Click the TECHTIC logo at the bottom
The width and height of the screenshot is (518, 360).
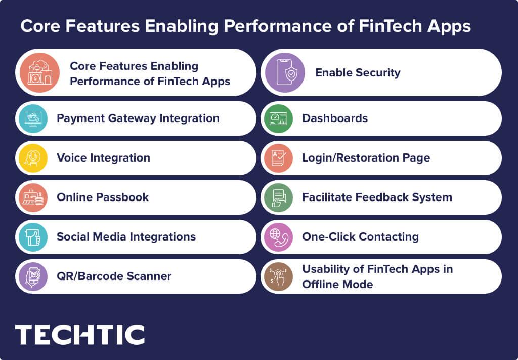point(80,335)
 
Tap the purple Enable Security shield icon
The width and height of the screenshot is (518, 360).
point(285,72)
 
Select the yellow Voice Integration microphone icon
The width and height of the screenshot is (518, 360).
point(33,158)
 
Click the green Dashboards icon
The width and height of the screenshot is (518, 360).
point(278,118)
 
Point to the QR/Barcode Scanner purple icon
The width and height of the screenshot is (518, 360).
point(33,276)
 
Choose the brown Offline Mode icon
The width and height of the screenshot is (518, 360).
point(278,276)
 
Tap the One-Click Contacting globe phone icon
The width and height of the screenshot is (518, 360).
point(278,237)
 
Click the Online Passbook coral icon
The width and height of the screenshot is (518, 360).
point(33,197)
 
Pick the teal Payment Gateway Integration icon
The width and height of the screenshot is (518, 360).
point(33,118)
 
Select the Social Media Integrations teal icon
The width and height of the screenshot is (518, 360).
point(33,237)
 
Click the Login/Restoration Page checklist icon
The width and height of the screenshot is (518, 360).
point(278,158)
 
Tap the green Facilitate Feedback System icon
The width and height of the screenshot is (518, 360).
point(278,197)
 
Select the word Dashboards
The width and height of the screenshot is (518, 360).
point(334,118)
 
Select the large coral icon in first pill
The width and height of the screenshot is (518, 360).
point(40,72)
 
